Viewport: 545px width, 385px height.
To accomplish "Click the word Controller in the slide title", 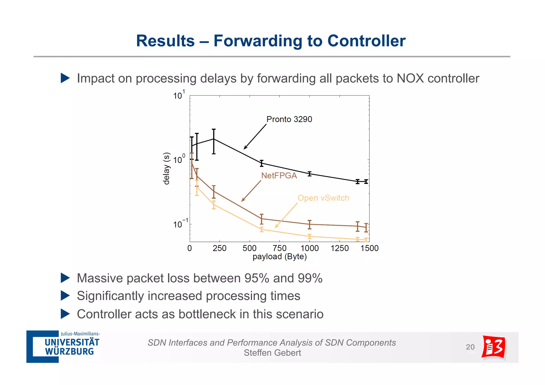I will (x=366, y=41).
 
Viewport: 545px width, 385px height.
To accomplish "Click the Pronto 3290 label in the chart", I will (x=289, y=119).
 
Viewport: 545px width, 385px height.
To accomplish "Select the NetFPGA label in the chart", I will (x=279, y=176).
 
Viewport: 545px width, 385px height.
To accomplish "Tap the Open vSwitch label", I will (x=323, y=198).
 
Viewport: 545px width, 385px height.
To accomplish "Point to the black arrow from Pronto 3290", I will (x=255, y=137).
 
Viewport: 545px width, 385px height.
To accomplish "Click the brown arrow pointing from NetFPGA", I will (x=251, y=191).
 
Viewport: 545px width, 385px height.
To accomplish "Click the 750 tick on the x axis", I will (x=279, y=248).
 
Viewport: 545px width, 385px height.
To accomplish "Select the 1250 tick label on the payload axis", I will (x=339, y=248).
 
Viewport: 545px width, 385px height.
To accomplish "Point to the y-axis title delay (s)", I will (x=166, y=168).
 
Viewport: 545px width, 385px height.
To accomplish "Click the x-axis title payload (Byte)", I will (x=279, y=257).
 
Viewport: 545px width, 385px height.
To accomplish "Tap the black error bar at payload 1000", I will (x=309, y=174).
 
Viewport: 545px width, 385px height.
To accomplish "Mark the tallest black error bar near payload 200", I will (x=214, y=142).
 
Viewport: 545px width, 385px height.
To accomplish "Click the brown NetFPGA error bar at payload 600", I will (x=262, y=219).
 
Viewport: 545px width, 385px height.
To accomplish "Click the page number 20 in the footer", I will (x=470, y=347).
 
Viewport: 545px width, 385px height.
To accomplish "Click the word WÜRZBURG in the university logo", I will (x=69, y=352).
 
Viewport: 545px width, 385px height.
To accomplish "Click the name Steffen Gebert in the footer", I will (x=272, y=353).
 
